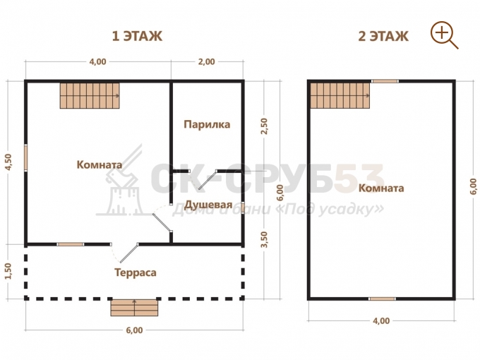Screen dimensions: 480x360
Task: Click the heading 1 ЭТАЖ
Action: click(137, 36)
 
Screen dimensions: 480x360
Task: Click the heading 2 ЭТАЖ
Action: click(383, 36)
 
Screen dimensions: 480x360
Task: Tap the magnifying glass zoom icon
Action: click(444, 35)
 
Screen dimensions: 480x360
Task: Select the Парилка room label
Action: click(207, 125)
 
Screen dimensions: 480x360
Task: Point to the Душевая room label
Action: click(208, 204)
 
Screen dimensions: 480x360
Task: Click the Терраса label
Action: click(136, 272)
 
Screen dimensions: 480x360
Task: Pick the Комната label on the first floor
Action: click(100, 164)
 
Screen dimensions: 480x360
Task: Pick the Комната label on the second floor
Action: click(381, 188)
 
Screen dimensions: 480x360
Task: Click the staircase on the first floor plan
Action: click(90, 95)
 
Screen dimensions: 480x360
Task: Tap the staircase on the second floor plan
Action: click(340, 95)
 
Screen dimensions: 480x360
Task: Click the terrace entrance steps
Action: click(134, 307)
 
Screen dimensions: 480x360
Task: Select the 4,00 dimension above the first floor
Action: click(97, 62)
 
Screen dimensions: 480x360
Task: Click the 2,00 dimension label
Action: click(206, 62)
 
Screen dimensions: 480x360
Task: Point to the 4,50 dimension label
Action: click(8, 162)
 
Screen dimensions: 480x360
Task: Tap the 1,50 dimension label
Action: click(8, 271)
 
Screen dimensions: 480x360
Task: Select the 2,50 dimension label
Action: click(264, 126)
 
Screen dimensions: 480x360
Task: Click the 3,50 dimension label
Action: click(265, 239)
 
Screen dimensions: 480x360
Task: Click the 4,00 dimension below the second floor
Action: click(381, 320)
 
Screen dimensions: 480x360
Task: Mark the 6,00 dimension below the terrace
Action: click(134, 330)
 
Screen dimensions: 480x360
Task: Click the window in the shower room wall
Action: click(243, 208)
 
